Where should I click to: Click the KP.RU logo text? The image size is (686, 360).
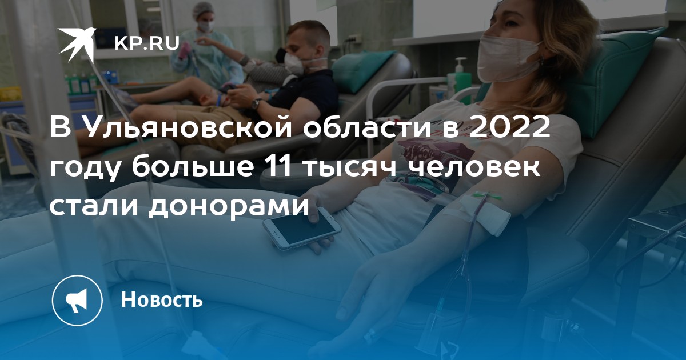click(x=147, y=43)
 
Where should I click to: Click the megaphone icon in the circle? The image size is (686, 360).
click(x=77, y=301)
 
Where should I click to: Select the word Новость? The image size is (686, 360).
click(x=162, y=299)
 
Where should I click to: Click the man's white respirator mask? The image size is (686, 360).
click(x=294, y=63)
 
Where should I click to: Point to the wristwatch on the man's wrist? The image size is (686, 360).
click(x=256, y=103)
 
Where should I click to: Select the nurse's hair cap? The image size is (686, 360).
click(x=203, y=10)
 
